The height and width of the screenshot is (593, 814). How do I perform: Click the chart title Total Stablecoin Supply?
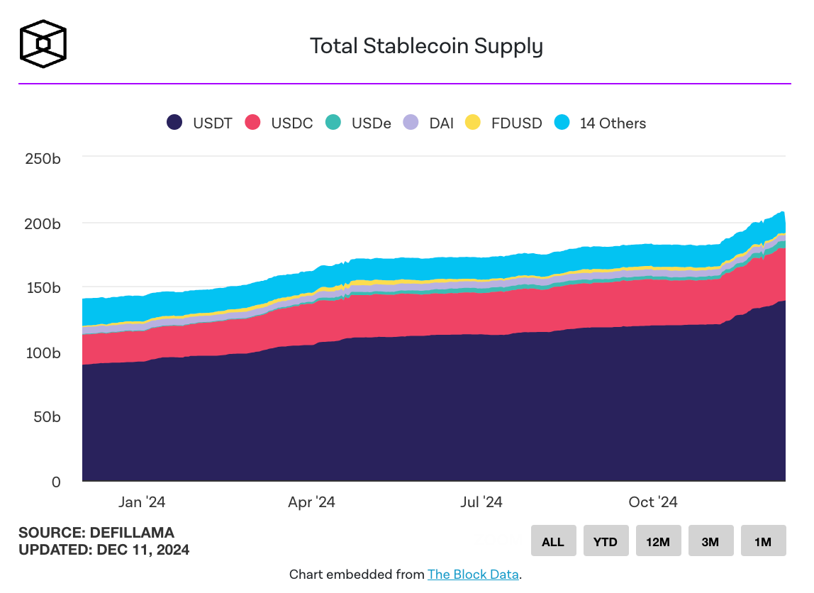[426, 46]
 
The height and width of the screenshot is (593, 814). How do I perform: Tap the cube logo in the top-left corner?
[43, 43]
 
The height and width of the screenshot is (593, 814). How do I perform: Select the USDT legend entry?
[199, 123]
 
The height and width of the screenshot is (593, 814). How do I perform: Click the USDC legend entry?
[279, 123]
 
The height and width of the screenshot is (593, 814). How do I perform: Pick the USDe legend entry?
[358, 123]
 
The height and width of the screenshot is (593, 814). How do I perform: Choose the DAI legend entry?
[428, 123]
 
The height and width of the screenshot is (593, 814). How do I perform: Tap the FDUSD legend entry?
[503, 123]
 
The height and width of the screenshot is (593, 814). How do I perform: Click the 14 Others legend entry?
[601, 123]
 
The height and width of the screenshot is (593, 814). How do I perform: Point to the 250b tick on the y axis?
[43, 158]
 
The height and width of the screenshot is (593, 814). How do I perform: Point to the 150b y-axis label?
[43, 288]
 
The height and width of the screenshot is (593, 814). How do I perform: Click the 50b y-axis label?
[47, 417]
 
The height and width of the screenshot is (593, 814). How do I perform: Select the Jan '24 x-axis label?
[142, 502]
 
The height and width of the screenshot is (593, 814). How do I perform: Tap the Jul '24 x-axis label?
[481, 502]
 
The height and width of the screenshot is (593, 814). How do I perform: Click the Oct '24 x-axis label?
[653, 502]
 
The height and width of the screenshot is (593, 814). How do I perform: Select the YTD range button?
[605, 541]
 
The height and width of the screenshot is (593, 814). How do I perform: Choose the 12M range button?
[657, 541]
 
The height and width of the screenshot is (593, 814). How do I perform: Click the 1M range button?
[763, 541]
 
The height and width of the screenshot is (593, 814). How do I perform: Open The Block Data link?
[473, 575]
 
